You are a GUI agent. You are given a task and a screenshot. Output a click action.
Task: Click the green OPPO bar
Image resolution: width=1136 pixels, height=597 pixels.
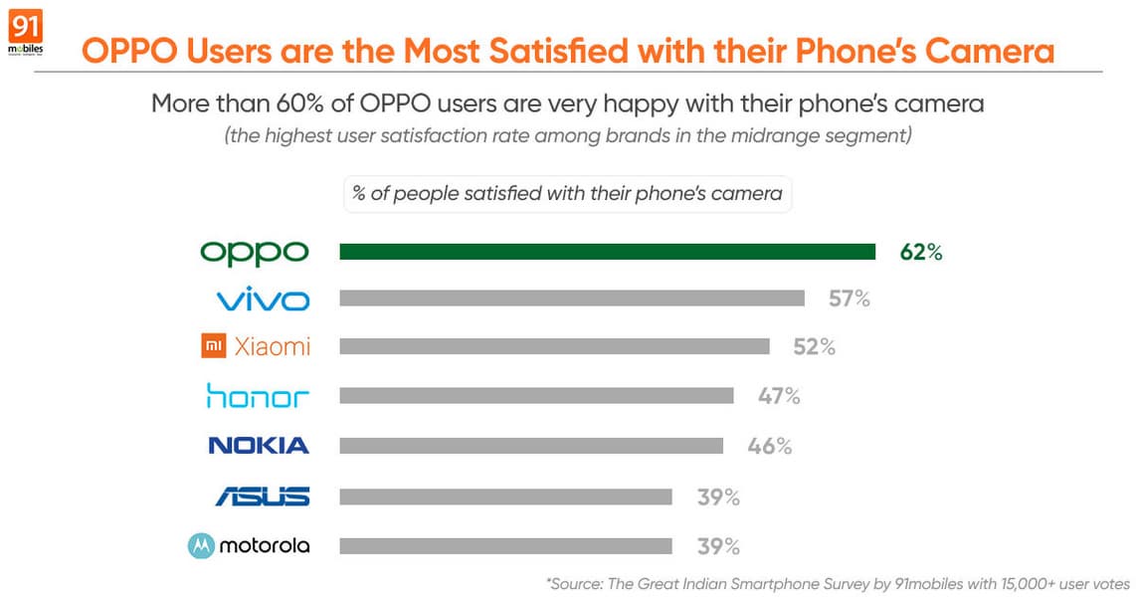click(x=607, y=252)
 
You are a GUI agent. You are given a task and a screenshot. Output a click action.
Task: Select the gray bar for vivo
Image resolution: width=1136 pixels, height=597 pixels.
click(x=572, y=298)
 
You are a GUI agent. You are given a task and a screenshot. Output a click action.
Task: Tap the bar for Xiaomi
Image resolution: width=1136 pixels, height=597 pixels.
click(x=554, y=346)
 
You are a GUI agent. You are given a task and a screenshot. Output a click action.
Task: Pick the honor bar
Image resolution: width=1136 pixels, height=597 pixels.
click(x=536, y=395)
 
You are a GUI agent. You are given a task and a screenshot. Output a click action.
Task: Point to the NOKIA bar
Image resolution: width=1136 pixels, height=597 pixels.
click(x=531, y=445)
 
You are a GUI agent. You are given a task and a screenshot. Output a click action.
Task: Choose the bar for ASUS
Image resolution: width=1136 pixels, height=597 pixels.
click(x=505, y=496)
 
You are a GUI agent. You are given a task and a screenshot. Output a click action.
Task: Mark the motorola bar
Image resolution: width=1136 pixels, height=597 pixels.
click(x=505, y=545)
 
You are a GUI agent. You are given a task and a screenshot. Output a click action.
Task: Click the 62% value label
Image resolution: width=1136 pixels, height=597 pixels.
click(x=920, y=252)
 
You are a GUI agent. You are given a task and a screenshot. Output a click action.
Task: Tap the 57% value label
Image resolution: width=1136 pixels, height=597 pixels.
click(x=850, y=298)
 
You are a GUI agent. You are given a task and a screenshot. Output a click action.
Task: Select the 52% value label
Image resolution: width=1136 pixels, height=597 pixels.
click(x=814, y=346)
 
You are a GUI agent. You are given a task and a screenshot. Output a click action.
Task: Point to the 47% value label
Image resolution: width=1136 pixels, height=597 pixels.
click(x=779, y=395)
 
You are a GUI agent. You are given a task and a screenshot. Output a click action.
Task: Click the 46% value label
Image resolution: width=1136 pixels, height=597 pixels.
click(x=770, y=445)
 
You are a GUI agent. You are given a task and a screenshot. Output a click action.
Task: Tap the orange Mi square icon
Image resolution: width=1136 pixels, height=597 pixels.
click(x=213, y=346)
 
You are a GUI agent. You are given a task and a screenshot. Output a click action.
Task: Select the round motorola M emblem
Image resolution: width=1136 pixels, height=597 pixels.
click(x=201, y=545)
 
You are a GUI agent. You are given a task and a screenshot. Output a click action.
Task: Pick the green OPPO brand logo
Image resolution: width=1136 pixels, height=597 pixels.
click(x=255, y=253)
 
